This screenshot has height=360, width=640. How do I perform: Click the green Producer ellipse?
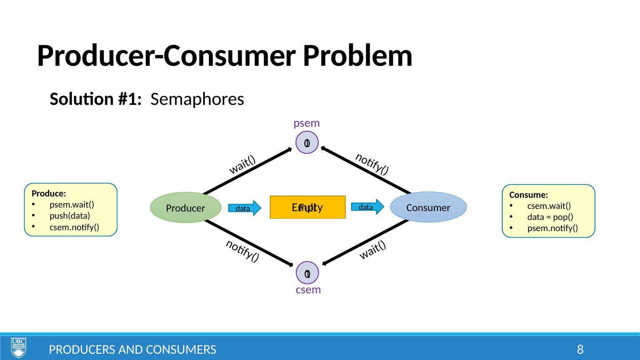tap(186, 207)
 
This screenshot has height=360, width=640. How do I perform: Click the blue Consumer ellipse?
tap(428, 207)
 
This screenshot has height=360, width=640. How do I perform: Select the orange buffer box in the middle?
tap(308, 208)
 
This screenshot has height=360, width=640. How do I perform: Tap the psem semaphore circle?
tap(307, 143)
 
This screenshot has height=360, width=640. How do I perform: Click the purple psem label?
tap(307, 123)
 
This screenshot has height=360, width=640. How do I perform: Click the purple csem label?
tap(308, 290)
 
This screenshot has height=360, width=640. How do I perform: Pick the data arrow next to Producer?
tap(244, 208)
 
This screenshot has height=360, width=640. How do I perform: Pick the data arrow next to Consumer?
tap(367, 207)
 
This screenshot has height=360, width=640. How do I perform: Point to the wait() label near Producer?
tap(243, 164)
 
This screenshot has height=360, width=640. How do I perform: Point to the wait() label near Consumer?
tap(372, 250)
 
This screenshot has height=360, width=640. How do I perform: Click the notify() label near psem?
tap(372, 163)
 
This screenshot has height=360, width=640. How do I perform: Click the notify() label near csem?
tap(242, 251)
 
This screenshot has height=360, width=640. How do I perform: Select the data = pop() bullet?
tap(550, 217)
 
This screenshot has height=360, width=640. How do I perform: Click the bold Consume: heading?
tap(528, 195)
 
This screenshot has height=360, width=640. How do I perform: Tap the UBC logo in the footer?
tap(18, 348)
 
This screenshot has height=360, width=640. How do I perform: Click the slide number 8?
tap(580, 350)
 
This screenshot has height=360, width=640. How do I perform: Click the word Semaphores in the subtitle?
tap(197, 99)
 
